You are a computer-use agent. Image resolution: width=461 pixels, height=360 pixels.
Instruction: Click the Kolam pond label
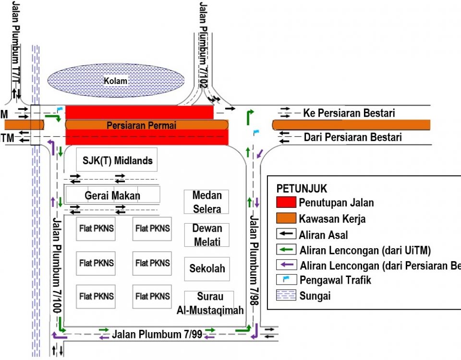pos(116,81)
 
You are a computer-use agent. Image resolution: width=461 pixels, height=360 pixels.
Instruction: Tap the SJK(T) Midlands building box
pos(117,160)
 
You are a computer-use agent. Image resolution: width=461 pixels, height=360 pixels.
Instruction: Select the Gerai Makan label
pos(112,195)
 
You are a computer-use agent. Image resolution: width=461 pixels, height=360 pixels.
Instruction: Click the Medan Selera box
pos(206,202)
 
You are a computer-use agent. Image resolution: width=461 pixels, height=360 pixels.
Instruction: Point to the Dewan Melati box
pos(206,235)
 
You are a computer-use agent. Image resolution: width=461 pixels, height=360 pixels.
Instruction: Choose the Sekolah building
pos(207,268)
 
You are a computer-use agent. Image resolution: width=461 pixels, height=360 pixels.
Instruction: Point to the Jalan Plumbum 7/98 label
pos(255,262)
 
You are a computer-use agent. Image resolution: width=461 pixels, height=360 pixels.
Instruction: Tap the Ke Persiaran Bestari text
pos(349,113)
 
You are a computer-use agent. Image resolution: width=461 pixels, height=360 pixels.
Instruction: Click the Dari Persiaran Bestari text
pos(352,137)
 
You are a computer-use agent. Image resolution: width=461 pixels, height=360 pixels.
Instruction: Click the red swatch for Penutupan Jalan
pos(286,202)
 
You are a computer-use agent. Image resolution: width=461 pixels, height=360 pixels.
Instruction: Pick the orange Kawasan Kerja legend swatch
pos(286,218)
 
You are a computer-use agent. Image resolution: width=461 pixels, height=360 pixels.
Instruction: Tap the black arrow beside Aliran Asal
pos(286,235)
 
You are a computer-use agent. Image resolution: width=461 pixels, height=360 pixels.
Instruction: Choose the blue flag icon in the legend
pos(286,279)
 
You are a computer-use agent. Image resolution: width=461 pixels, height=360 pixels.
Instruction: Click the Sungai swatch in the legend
pos(286,296)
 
